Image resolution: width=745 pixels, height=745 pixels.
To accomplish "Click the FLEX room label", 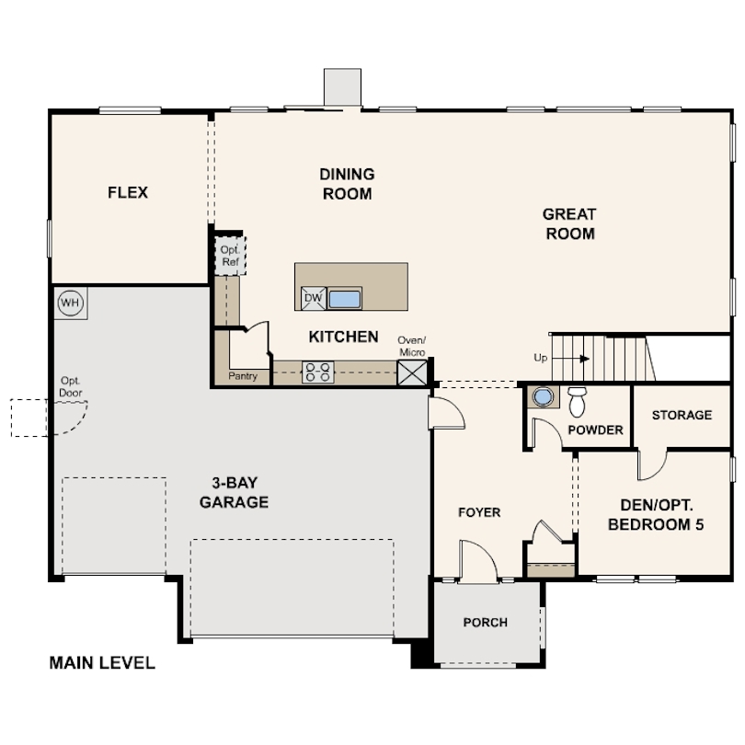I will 128,193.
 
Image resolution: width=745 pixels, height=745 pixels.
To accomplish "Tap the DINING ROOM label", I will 347,184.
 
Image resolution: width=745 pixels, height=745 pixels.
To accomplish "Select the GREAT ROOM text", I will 569,223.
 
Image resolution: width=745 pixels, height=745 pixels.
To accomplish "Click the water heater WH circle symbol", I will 69,302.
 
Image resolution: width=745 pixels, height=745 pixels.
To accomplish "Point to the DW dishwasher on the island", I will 313,298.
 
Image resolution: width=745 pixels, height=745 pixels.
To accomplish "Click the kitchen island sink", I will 345,298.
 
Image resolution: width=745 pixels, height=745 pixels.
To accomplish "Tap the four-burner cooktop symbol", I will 318,372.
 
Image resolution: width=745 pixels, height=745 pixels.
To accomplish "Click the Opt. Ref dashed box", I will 228,256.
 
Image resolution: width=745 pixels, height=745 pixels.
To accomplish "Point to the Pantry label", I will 243,376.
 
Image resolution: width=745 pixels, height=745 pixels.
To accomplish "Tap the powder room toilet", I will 578,400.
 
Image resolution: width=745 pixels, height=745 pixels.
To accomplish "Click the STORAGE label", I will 682,415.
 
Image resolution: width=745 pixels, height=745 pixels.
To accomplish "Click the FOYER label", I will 479,512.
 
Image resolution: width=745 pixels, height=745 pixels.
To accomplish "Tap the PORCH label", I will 485,623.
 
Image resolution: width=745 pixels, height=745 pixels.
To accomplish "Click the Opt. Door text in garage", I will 71,386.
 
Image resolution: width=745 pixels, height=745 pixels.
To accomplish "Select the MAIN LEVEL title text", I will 102,662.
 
